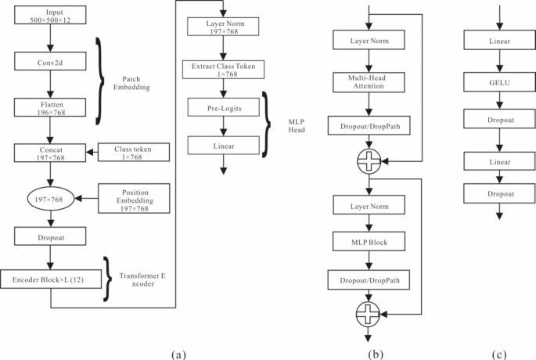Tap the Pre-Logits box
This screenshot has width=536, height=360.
click(x=225, y=110)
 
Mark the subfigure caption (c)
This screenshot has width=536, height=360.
click(x=498, y=352)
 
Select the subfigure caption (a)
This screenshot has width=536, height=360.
click(x=178, y=352)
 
